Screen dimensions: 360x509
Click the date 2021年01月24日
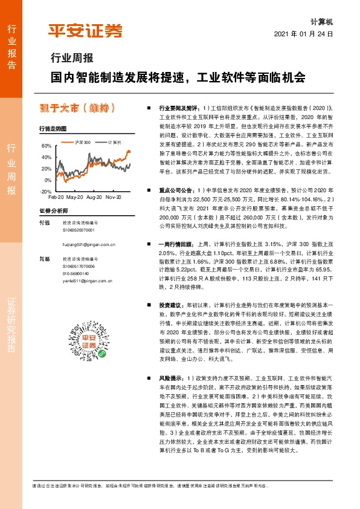pyautogui.click(x=307, y=34)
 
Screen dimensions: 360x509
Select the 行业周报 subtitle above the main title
pyautogui.click(x=71, y=59)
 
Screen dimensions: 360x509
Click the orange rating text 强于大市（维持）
pyautogui.click(x=74, y=108)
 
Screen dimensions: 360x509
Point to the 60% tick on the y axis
pyautogui.click(x=47, y=146)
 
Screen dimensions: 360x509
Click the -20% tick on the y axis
pyautogui.click(x=45, y=191)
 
